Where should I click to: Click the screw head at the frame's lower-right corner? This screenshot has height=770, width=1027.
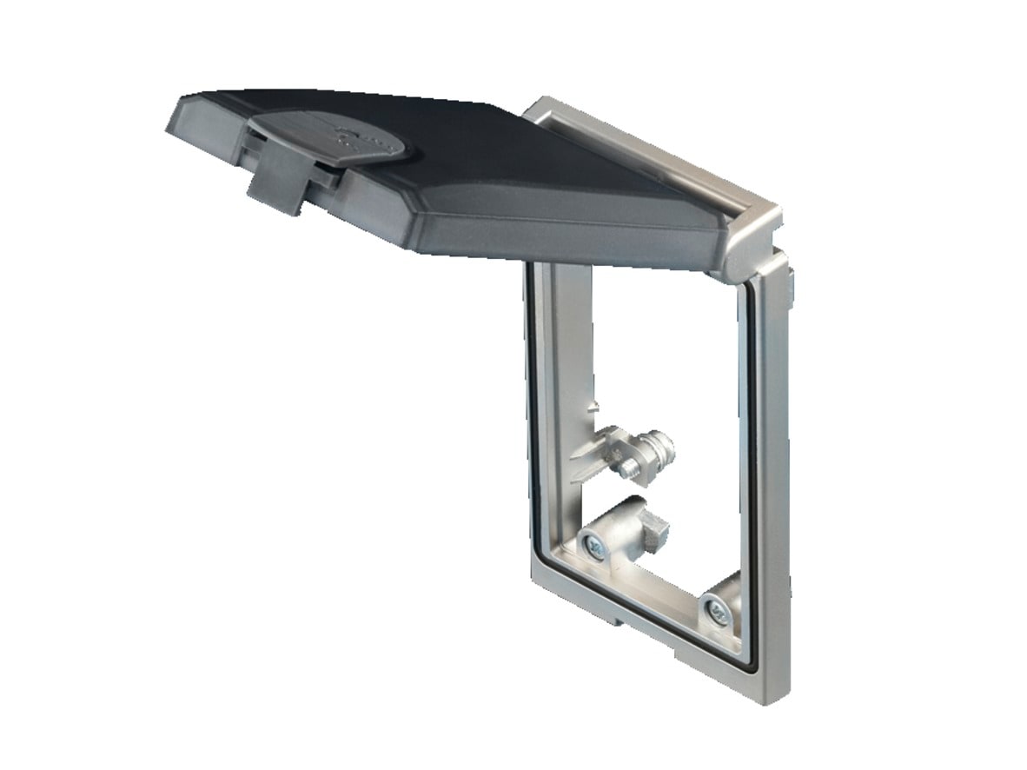(718, 610)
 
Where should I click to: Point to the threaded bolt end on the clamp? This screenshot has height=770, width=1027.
(626, 468)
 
